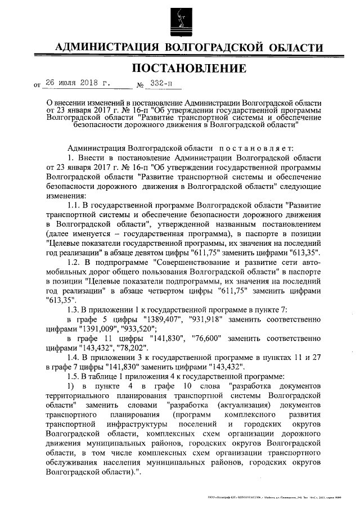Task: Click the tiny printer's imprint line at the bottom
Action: tap(282, 499)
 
